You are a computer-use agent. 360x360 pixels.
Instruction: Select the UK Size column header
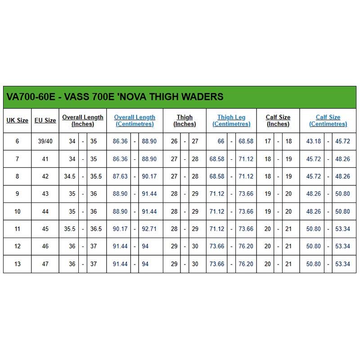click(18, 121)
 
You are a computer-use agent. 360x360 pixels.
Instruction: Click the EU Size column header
click(45, 121)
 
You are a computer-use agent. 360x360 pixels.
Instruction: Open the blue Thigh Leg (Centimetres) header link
click(231, 121)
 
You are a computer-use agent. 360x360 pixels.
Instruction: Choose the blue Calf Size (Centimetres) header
click(328, 121)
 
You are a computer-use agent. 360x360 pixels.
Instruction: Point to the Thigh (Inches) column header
click(184, 121)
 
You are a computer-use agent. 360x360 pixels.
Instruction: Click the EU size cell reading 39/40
click(45, 141)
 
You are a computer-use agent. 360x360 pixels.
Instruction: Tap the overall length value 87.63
click(120, 176)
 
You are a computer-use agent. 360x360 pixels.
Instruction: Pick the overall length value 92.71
click(149, 229)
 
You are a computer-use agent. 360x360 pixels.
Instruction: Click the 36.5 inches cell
click(96, 229)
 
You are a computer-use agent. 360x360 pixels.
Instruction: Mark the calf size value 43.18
click(314, 141)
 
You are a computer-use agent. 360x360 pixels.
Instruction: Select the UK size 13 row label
click(18, 264)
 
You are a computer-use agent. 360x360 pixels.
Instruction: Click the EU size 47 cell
click(45, 264)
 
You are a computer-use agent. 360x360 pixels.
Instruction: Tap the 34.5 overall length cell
click(70, 176)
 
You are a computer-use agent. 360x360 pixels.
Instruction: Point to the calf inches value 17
click(268, 141)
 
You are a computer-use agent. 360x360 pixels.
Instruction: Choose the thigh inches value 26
click(174, 141)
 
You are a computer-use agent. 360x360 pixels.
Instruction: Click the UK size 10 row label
click(18, 211)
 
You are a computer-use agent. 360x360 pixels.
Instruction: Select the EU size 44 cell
click(45, 211)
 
